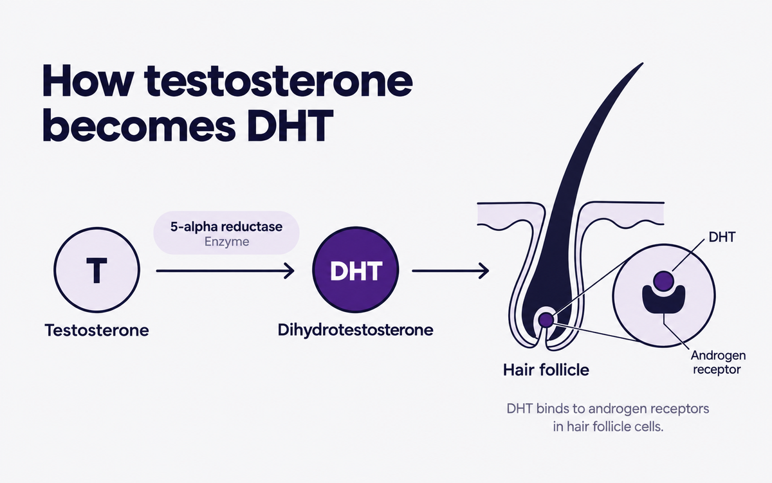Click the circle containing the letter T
(x=97, y=270)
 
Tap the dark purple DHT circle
(x=356, y=269)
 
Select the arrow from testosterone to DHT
(x=225, y=271)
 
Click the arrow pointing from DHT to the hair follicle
(x=450, y=271)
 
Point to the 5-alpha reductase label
(x=226, y=226)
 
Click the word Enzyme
(x=226, y=242)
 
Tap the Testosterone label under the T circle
(x=97, y=331)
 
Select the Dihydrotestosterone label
(x=355, y=330)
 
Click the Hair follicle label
(x=546, y=370)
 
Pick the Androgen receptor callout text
(x=718, y=363)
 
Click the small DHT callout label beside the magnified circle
(x=722, y=237)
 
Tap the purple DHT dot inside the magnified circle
(x=664, y=281)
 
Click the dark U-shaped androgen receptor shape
(x=664, y=300)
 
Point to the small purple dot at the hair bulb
(x=546, y=320)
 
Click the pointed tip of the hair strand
(x=643, y=63)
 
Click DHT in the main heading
(x=290, y=126)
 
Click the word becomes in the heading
(x=139, y=126)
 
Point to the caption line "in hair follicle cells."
(x=609, y=427)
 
